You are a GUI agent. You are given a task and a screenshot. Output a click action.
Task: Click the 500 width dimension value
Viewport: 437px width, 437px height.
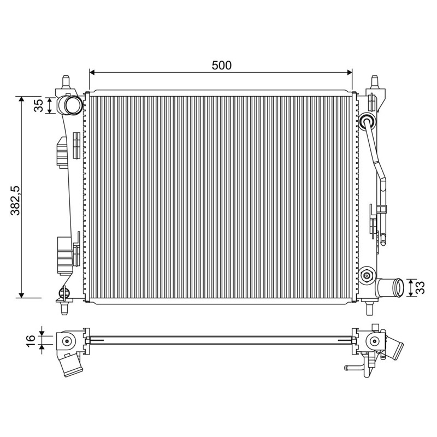222,65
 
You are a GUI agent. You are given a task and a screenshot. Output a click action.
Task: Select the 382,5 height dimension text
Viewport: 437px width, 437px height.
15,200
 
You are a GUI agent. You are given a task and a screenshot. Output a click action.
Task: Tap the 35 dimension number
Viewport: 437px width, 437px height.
39,105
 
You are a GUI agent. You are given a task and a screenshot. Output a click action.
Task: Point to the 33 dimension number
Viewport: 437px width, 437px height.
420,288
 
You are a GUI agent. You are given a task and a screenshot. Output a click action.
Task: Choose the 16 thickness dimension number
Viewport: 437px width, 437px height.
31,341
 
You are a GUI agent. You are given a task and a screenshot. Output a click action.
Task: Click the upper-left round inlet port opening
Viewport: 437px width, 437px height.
73,105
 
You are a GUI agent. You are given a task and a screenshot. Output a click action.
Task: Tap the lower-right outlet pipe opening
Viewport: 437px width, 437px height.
400,287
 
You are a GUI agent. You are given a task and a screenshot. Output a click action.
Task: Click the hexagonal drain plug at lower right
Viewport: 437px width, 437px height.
367,276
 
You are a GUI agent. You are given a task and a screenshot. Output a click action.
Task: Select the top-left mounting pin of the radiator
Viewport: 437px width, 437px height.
66,81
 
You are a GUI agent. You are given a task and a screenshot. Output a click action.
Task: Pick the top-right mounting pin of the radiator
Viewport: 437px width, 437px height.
375,81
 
